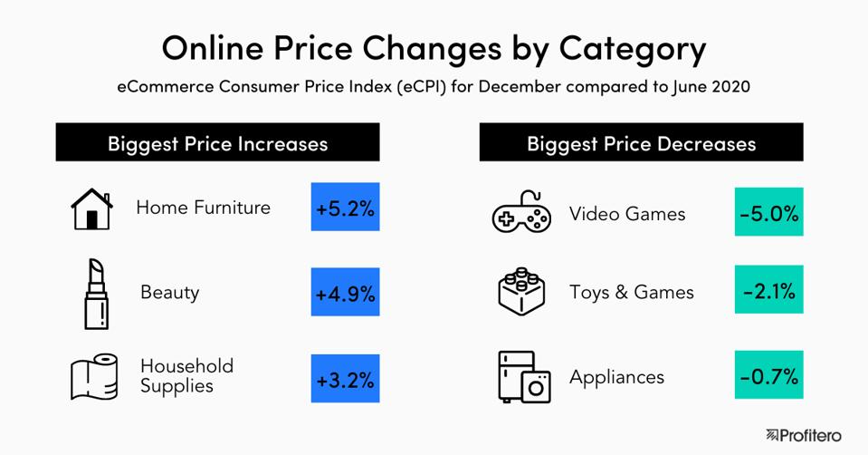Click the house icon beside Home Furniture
[91, 208]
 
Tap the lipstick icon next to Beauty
[96, 293]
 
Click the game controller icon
[521, 214]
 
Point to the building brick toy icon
[521, 292]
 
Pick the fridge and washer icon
[524, 377]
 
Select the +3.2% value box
[345, 379]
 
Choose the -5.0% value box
[768, 214]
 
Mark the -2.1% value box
[768, 292]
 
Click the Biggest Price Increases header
[217, 143]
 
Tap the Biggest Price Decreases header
[641, 143]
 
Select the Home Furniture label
[203, 208]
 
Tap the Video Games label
[627, 214]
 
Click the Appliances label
[616, 377]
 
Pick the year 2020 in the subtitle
[727, 89]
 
